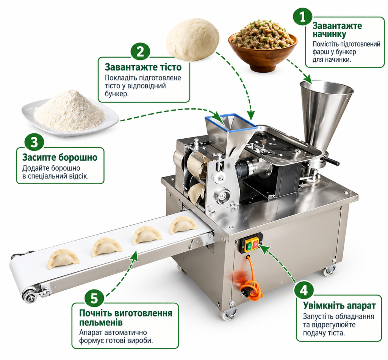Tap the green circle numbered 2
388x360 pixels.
[x=140, y=52]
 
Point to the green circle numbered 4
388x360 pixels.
[x=304, y=290]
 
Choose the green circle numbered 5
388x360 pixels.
[x=94, y=298]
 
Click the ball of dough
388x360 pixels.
[x=192, y=39]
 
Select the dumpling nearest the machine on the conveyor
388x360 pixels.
[x=183, y=225]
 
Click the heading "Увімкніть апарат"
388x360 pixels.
[x=339, y=306]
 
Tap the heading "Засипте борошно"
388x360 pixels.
[x=60, y=157]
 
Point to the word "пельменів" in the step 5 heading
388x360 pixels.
[x=101, y=322]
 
